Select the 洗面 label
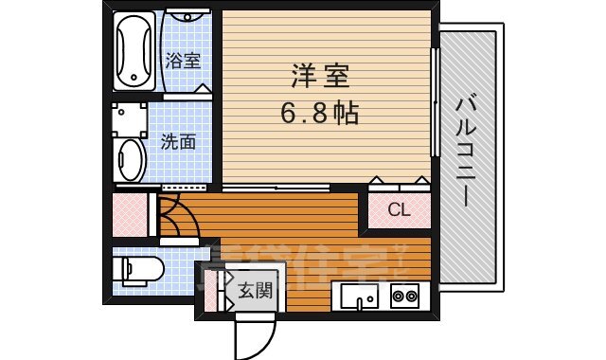pyautogui.click(x=178, y=142)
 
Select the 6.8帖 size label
pyautogui.click(x=318, y=115)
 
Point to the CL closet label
pyautogui.click(x=399, y=210)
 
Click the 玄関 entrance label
pyautogui.click(x=254, y=290)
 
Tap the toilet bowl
pyautogui.click(x=136, y=269)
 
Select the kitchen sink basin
pyautogui.click(x=359, y=296)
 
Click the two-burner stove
pyautogui.click(x=405, y=297)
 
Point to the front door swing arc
pyautogui.click(x=254, y=332)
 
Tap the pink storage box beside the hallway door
pyautogui.click(x=130, y=214)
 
